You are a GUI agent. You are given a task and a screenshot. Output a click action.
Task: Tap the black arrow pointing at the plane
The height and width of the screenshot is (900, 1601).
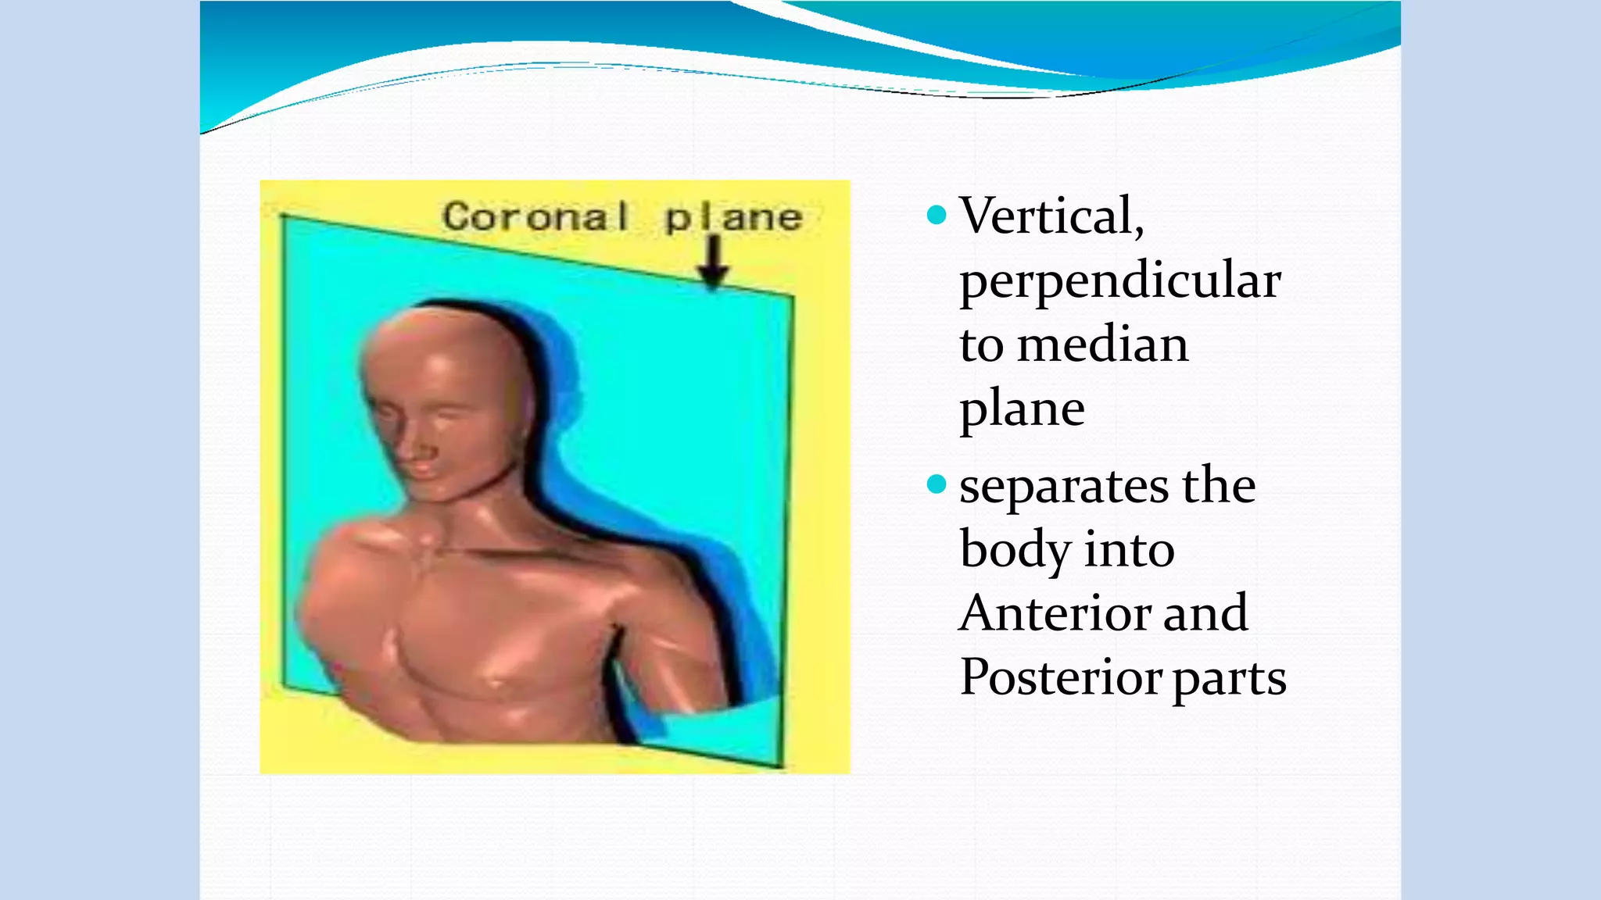click(713, 262)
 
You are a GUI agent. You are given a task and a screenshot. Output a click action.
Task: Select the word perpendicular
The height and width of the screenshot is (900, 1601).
click(1119, 280)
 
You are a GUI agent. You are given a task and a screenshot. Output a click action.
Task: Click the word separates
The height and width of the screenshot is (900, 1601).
click(1063, 486)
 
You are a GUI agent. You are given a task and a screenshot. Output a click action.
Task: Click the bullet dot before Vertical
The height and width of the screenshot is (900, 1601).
click(936, 214)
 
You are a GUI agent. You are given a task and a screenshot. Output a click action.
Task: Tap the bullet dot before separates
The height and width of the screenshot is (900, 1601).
click(936, 485)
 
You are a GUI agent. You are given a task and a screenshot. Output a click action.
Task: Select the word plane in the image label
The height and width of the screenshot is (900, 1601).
click(733, 218)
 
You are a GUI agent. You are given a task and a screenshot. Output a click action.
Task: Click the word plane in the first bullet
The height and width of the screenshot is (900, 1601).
click(1022, 409)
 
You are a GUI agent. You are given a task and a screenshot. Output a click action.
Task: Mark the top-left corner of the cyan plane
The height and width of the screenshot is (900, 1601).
click(283, 217)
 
